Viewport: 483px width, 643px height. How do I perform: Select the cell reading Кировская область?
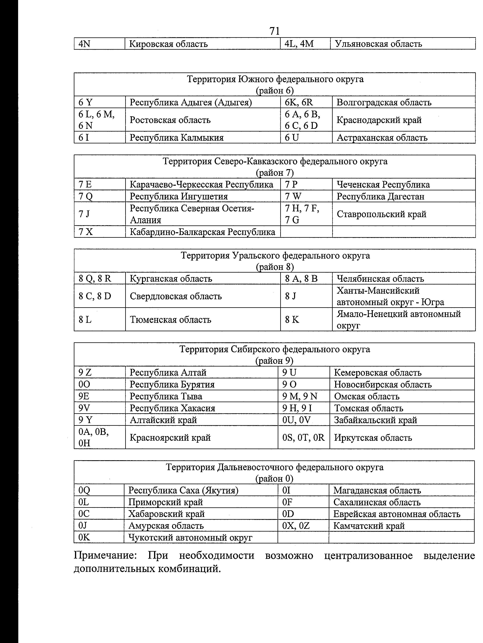(168, 44)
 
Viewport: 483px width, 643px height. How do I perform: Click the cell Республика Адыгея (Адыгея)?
(191, 102)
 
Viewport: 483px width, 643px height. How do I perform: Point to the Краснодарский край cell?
(379, 120)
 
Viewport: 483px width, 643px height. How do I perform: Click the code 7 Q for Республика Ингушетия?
(86, 196)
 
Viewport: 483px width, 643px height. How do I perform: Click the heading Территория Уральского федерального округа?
(275, 255)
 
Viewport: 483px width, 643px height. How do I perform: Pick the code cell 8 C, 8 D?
(95, 296)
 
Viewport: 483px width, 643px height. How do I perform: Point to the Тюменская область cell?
(170, 320)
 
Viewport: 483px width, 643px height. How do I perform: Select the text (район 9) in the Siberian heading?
(274, 361)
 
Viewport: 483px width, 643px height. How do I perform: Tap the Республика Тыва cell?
(166, 396)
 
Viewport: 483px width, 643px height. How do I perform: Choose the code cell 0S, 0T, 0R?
(303, 437)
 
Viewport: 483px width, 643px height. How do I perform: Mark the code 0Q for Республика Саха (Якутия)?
(84, 490)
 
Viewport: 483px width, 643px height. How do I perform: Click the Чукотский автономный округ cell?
(190, 537)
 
